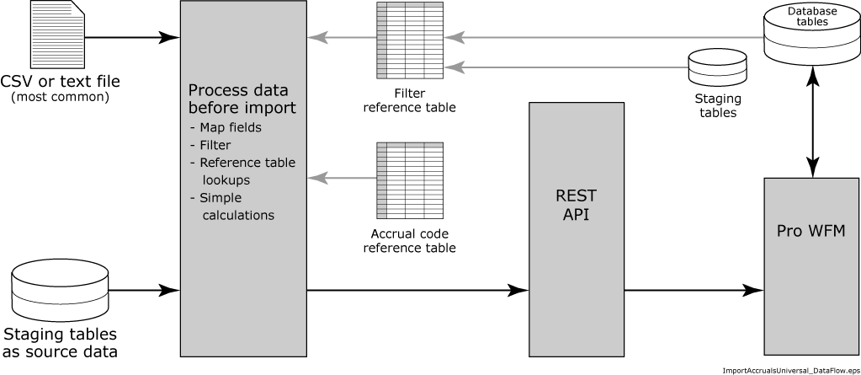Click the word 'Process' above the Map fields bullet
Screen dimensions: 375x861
(x=214, y=91)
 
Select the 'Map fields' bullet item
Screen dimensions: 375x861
(x=230, y=127)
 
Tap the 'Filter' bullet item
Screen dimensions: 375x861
(x=215, y=145)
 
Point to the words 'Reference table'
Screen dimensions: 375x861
(x=247, y=163)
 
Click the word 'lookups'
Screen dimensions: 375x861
(x=226, y=180)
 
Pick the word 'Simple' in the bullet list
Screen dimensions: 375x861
(x=221, y=198)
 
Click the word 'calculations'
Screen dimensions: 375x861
(x=238, y=216)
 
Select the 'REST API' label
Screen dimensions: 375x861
(x=576, y=205)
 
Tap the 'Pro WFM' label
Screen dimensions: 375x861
(x=811, y=231)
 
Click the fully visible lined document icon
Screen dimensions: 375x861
(x=58, y=35)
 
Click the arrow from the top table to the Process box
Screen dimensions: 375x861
(x=342, y=37)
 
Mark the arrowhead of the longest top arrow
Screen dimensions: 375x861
(x=453, y=37)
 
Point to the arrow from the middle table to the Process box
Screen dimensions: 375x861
(x=342, y=178)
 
